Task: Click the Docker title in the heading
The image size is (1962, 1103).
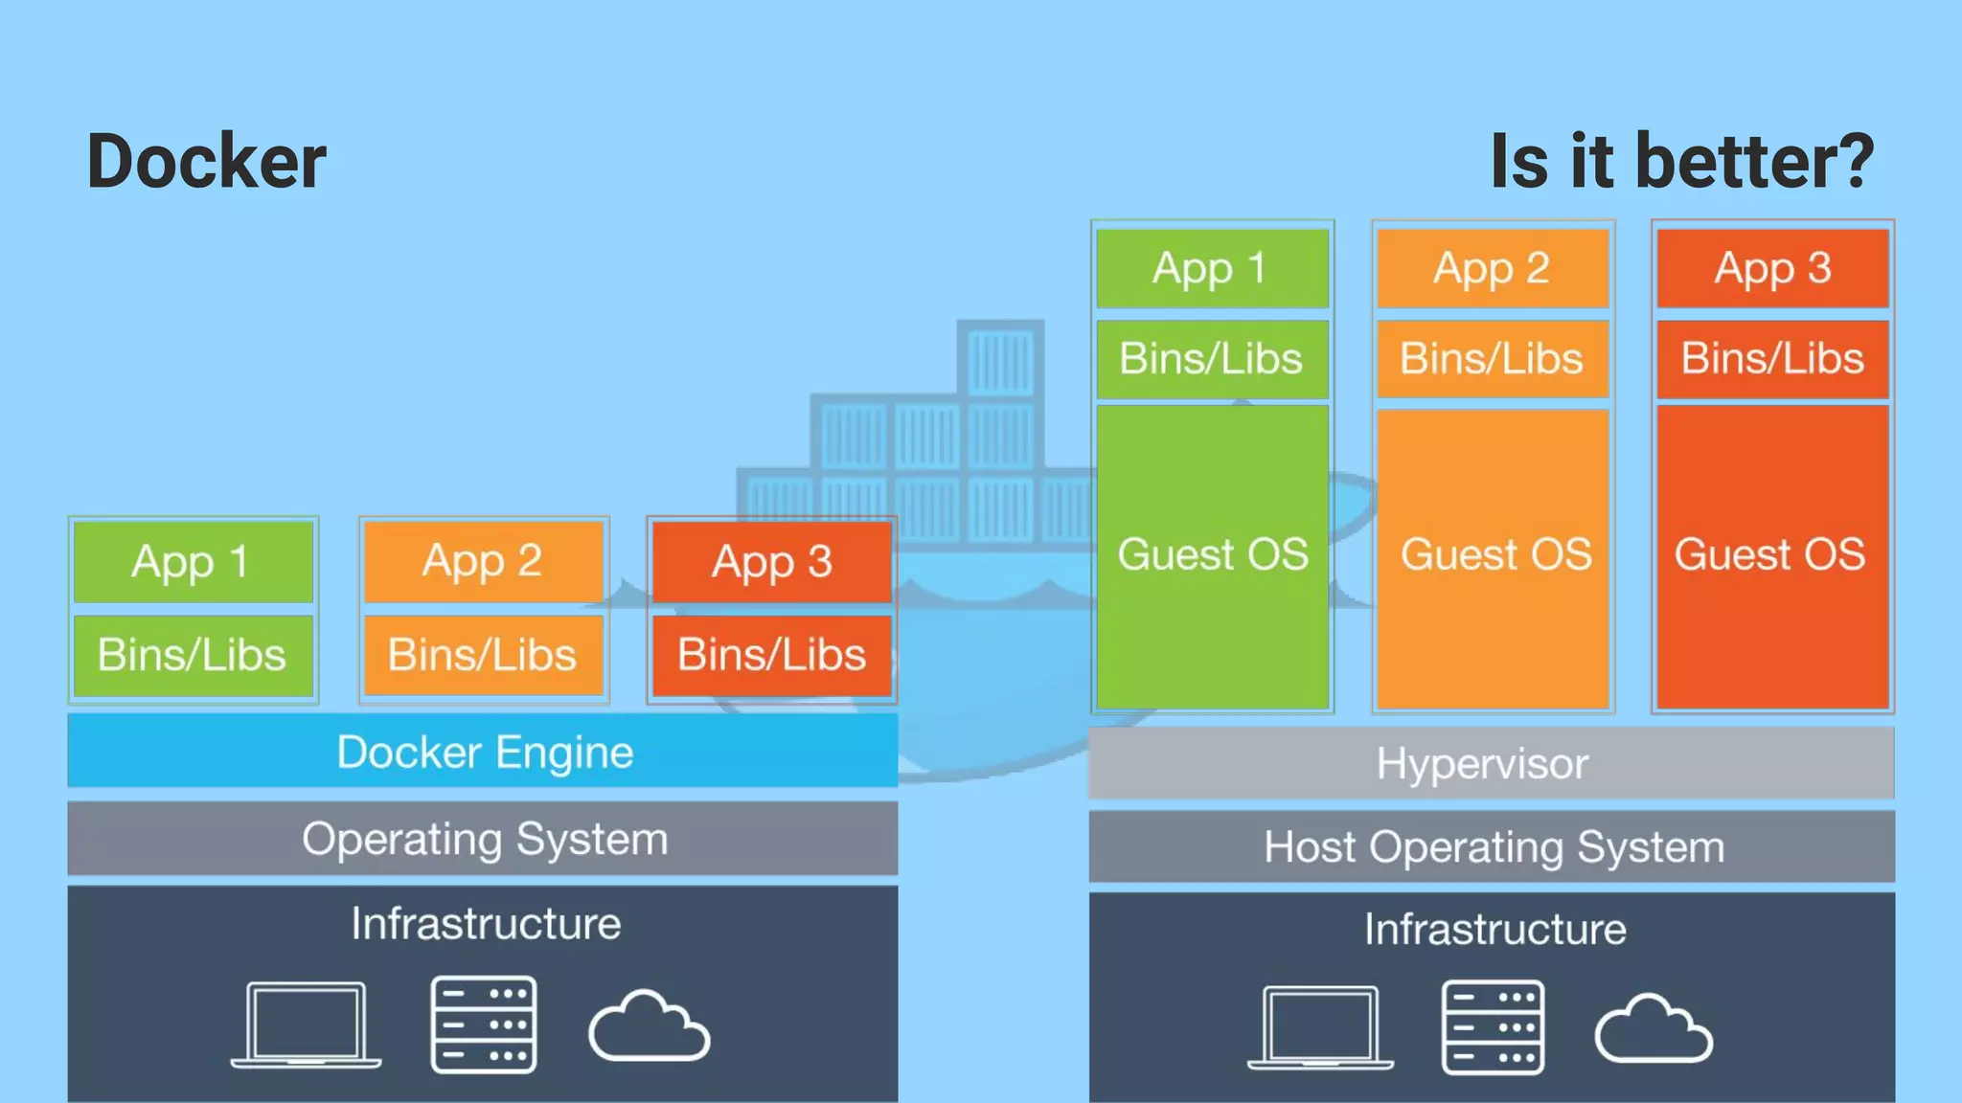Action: pos(206,161)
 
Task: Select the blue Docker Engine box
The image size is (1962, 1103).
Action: pos(483,751)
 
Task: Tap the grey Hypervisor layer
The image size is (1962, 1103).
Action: pos(1491,763)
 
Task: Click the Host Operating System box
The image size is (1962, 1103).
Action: pos(1491,846)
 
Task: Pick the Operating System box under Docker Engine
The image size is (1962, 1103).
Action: pos(483,839)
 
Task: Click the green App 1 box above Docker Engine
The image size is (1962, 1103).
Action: pos(193,561)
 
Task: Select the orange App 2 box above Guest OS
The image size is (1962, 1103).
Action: pos(1492,268)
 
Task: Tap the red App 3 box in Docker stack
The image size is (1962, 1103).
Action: pos(771,561)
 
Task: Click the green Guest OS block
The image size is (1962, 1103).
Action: pos(1212,555)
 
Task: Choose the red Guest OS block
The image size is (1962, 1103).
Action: pos(1771,555)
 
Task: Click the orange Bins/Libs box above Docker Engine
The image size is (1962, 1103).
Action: pos(483,655)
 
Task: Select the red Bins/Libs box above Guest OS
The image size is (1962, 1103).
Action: pos(1771,358)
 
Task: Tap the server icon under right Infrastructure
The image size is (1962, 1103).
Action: pos(1493,1027)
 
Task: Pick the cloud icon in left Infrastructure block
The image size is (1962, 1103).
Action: pos(649,1026)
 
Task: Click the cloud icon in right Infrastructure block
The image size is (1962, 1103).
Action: pos(1653,1029)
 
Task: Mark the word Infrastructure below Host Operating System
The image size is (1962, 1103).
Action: pos(1494,929)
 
